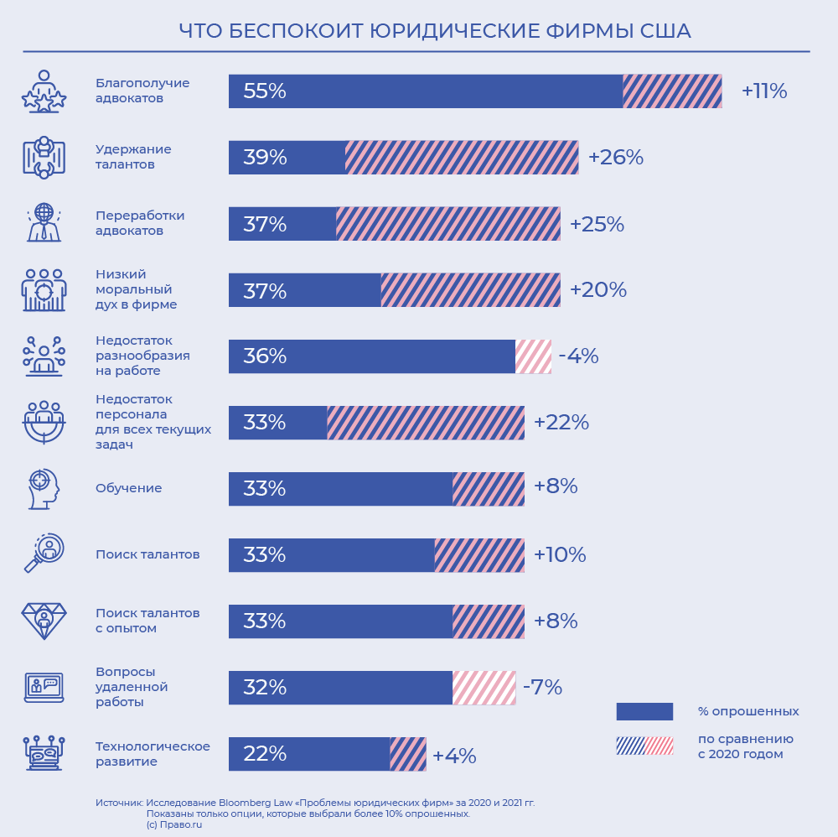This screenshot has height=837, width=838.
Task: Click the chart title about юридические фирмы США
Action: (x=435, y=31)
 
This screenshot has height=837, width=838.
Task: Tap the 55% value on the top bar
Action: (x=265, y=91)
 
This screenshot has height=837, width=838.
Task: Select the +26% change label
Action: (x=615, y=158)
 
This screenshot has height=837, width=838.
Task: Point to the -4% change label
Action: (x=578, y=356)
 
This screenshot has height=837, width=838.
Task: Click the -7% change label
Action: (x=542, y=688)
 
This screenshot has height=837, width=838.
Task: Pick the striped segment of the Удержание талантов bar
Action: (x=462, y=158)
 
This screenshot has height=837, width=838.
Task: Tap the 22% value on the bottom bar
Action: (x=265, y=754)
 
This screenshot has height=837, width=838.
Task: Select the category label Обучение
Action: (x=129, y=488)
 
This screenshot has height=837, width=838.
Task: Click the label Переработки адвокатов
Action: (x=140, y=223)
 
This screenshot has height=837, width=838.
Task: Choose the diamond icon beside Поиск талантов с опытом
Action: (x=44, y=621)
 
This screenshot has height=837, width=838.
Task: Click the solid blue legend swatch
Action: (x=644, y=711)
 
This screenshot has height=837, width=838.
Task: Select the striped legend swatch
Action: (x=644, y=746)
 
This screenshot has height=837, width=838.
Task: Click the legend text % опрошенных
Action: (x=748, y=711)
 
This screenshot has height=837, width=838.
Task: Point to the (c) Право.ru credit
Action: (x=174, y=824)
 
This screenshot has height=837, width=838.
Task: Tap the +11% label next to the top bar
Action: (x=764, y=91)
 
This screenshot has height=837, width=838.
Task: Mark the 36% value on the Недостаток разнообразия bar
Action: (x=265, y=356)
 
